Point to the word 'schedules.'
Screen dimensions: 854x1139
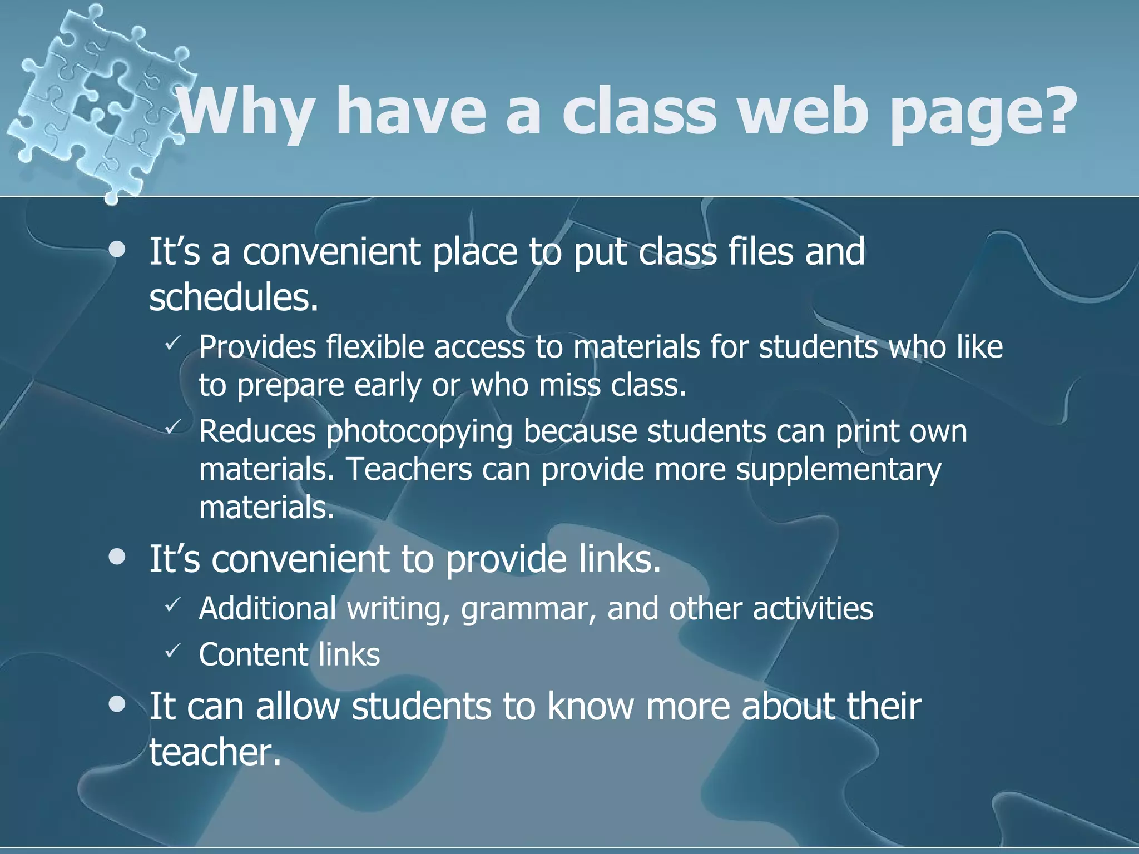click(234, 297)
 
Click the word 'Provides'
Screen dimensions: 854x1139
click(257, 347)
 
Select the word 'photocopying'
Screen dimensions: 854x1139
click(419, 432)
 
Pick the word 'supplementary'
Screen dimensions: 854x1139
click(838, 470)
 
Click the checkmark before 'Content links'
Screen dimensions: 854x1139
click(172, 648)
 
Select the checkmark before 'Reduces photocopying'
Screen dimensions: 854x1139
click(172, 427)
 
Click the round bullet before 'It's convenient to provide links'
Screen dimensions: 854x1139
click(117, 558)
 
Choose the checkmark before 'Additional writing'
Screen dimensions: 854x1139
click(172, 603)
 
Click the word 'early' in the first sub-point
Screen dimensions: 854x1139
click(388, 385)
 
